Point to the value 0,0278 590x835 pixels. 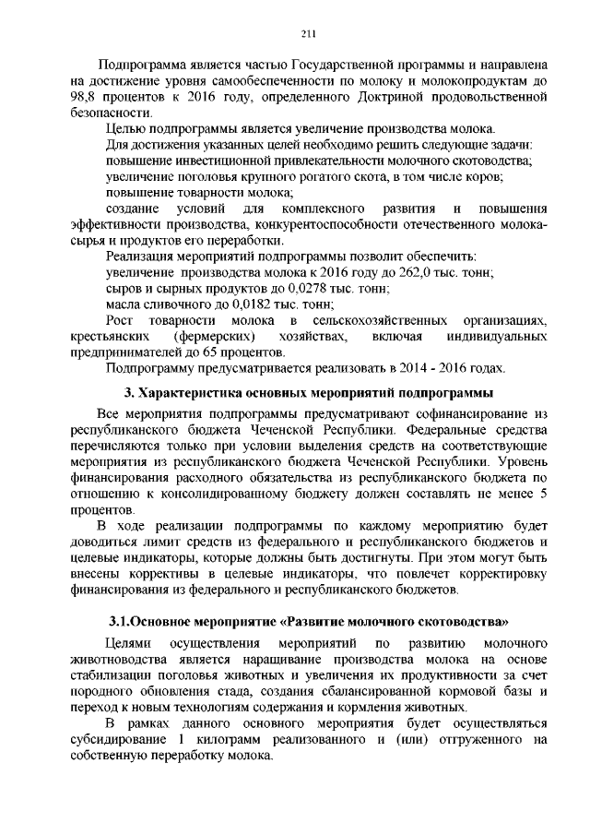click(x=260, y=288)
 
